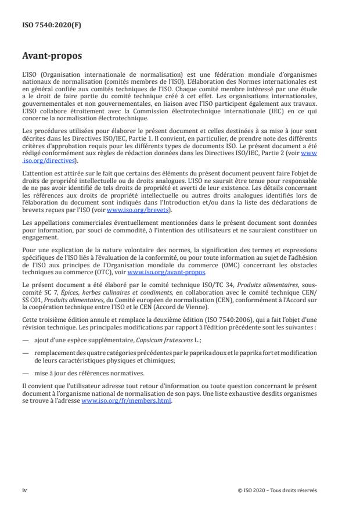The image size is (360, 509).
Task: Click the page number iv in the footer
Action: click(x=24, y=490)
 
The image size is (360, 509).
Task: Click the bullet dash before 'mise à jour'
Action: click(x=26, y=374)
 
